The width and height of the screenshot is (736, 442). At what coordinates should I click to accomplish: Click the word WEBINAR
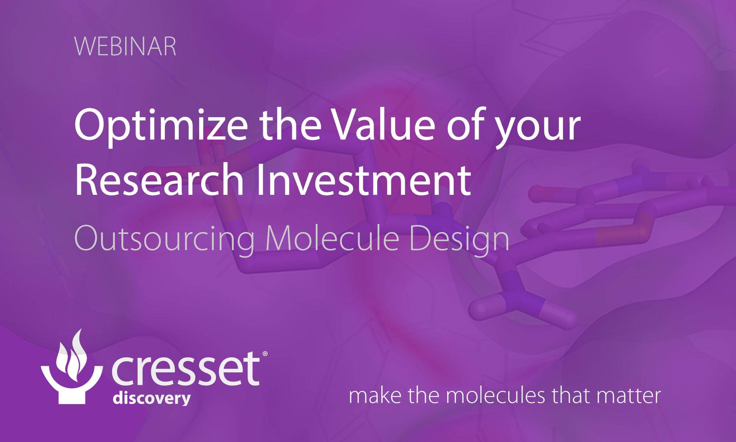click(125, 47)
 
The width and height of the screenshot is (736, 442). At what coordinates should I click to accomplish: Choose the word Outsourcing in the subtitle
click(164, 239)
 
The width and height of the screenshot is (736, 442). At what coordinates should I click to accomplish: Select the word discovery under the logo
click(152, 399)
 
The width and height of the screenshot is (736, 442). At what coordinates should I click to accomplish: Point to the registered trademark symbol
click(265, 354)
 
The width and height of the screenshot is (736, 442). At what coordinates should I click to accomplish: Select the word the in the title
click(291, 125)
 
